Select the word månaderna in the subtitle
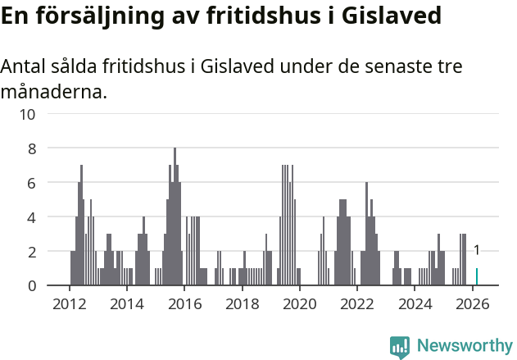tap(53, 92)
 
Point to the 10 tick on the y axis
tap(27, 114)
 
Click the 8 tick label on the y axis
tap(31, 148)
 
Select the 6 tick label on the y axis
tap(31, 183)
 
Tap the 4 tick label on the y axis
tap(31, 217)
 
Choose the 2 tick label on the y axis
tap(31, 252)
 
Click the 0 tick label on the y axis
tap(31, 285)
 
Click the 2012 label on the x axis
tap(70, 303)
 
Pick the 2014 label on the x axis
tap(127, 303)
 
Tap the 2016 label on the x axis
tap(184, 303)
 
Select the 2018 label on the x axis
tap(243, 303)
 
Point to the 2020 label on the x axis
tap(300, 303)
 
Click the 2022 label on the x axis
tap(357, 303)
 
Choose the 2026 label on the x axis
tap(473, 303)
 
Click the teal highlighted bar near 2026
tap(477, 277)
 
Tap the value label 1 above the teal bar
tap(477, 251)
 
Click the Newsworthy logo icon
tap(400, 346)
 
